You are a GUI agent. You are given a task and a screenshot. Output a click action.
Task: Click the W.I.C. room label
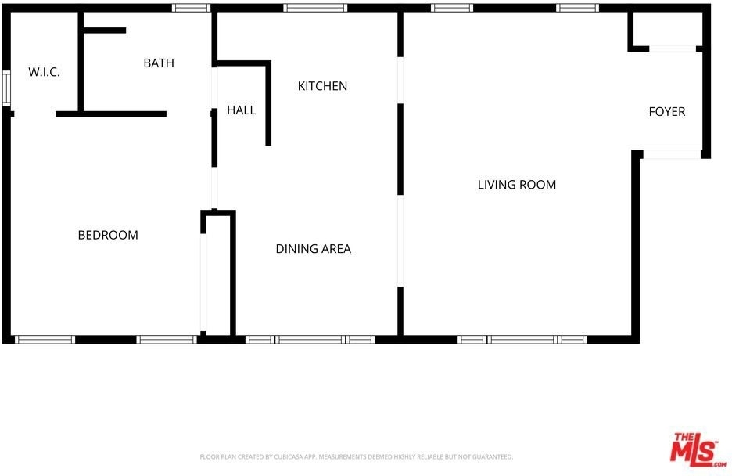[44, 72]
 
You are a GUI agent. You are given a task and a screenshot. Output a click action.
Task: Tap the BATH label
[159, 63]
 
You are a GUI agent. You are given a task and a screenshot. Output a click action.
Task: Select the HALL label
[242, 110]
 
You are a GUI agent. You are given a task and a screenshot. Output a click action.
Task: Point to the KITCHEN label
[322, 86]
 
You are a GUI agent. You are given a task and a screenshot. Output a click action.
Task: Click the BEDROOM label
[108, 235]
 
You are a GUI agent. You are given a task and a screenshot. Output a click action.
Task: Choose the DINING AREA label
[314, 248]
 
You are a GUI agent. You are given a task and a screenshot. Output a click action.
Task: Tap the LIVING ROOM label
[517, 185]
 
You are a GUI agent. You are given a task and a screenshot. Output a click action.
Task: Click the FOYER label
[667, 112]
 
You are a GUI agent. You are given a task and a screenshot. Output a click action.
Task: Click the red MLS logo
[698, 450]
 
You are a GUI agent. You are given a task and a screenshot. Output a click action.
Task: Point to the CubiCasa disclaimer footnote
[356, 457]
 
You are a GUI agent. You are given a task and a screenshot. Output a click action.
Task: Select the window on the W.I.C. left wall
[6, 88]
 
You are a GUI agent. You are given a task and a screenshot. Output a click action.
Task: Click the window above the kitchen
[314, 8]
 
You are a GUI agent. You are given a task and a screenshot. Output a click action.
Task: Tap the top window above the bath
[191, 8]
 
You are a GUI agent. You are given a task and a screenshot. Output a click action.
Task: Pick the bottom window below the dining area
[310, 340]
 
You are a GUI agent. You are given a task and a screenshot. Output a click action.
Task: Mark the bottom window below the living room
[522, 340]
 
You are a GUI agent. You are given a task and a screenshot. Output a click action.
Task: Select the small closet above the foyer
[666, 29]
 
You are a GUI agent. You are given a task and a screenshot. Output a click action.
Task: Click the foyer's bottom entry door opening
[672, 154]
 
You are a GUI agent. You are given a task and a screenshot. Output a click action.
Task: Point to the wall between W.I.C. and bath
[81, 62]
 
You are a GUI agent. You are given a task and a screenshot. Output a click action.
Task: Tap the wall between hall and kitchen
[268, 103]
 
